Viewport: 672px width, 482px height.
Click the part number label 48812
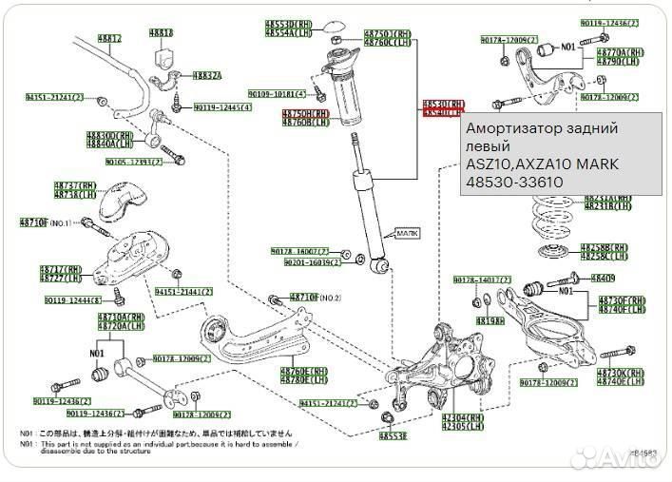109,39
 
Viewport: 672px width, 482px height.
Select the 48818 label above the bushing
162,33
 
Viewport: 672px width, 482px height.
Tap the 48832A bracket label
207,76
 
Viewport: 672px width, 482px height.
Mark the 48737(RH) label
75,185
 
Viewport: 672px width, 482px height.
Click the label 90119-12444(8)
72,300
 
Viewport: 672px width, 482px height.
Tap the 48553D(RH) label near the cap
288,22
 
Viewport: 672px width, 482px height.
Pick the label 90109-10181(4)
277,94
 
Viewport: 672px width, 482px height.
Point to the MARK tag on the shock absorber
407,231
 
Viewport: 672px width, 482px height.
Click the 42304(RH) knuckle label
460,417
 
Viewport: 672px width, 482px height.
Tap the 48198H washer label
490,320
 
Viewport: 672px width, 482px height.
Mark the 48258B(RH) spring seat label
605,247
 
